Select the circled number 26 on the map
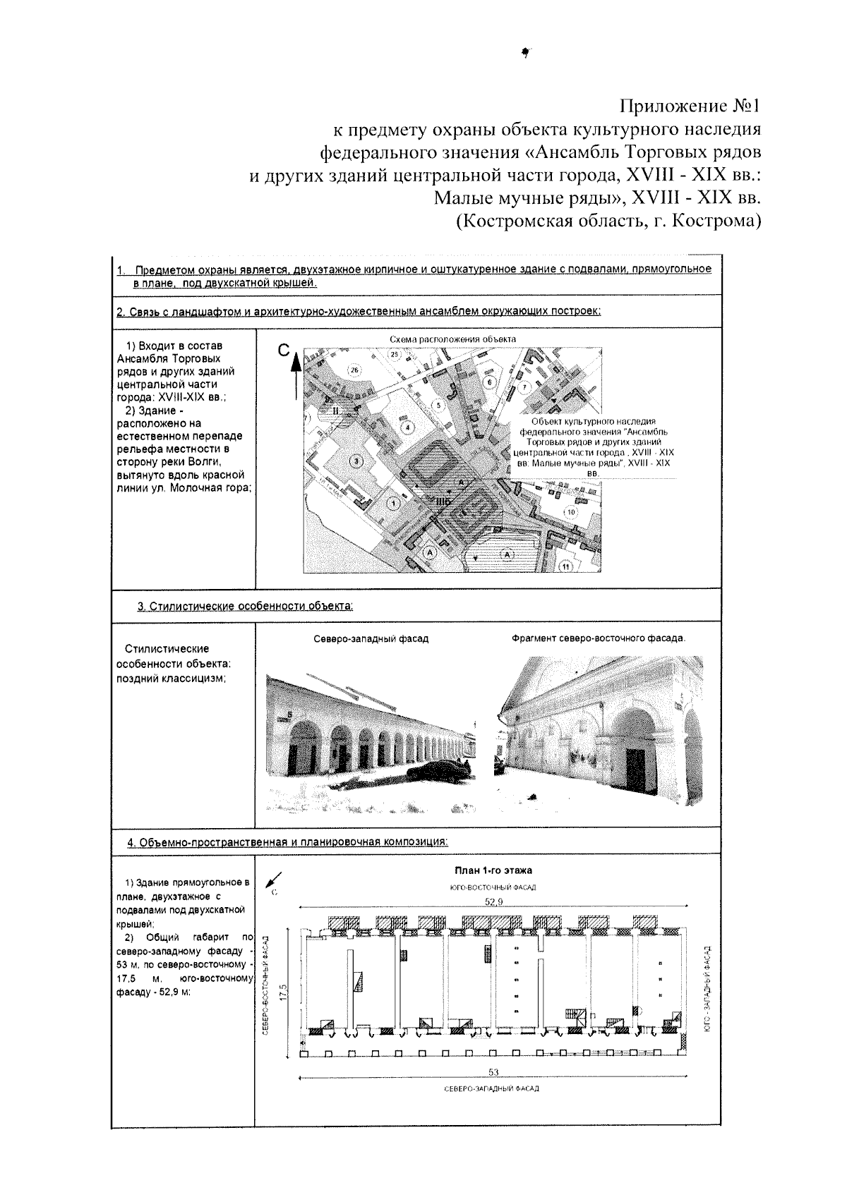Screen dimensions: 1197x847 pyautogui.click(x=354, y=370)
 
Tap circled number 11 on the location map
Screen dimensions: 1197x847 pyautogui.click(x=565, y=566)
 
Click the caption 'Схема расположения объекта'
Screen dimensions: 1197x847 pyautogui.click(x=452, y=339)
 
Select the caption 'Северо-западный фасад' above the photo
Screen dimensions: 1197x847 pyautogui.click(x=371, y=639)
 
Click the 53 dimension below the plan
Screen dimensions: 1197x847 pyautogui.click(x=493, y=1073)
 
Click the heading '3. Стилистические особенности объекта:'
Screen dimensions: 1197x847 pyautogui.click(x=245, y=606)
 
